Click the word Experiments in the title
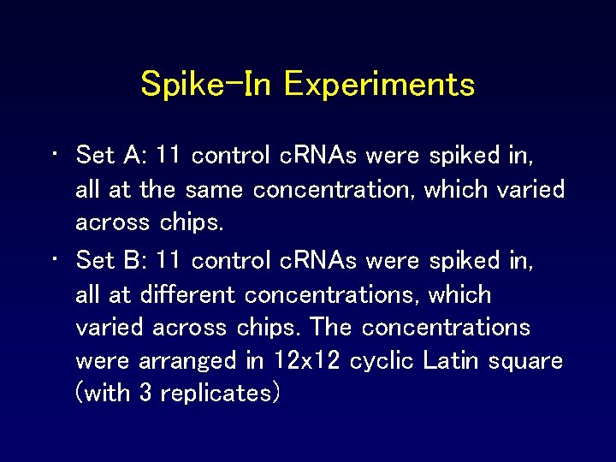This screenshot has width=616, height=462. [x=379, y=84]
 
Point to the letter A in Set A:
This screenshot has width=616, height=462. [x=133, y=156]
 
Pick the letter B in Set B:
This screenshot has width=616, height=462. [x=133, y=259]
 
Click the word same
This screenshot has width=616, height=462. [x=213, y=189]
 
